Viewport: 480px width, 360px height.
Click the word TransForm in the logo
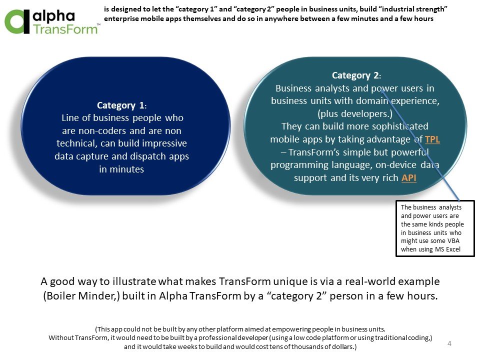pos(65,29)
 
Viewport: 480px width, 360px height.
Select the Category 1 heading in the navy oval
pos(121,105)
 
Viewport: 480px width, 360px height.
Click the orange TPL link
pos(432,139)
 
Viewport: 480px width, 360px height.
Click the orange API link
pos(408,178)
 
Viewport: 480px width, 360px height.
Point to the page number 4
pos(449,343)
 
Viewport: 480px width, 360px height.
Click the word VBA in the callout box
pos(453,241)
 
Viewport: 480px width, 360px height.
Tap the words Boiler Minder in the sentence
pos(81,296)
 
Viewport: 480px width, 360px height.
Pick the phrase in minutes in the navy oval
pos(121,169)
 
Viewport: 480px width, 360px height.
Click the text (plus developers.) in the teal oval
pos(355,114)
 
